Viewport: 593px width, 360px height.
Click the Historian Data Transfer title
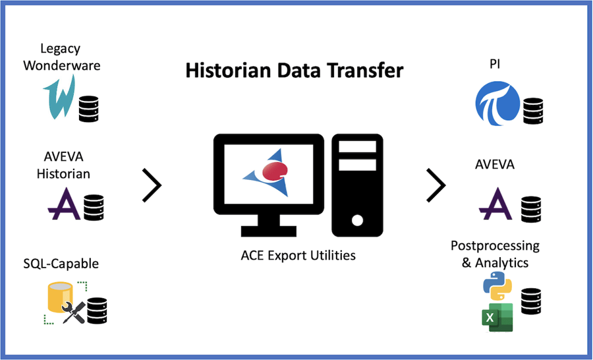tap(294, 70)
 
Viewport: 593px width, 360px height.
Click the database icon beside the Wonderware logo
tap(88, 109)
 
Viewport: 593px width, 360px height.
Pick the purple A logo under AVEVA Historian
tap(65, 203)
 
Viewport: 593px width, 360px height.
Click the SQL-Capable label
tap(60, 264)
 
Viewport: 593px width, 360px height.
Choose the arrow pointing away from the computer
tap(436, 185)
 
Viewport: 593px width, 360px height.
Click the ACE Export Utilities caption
tap(298, 255)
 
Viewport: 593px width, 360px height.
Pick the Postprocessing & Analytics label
tap(495, 254)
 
